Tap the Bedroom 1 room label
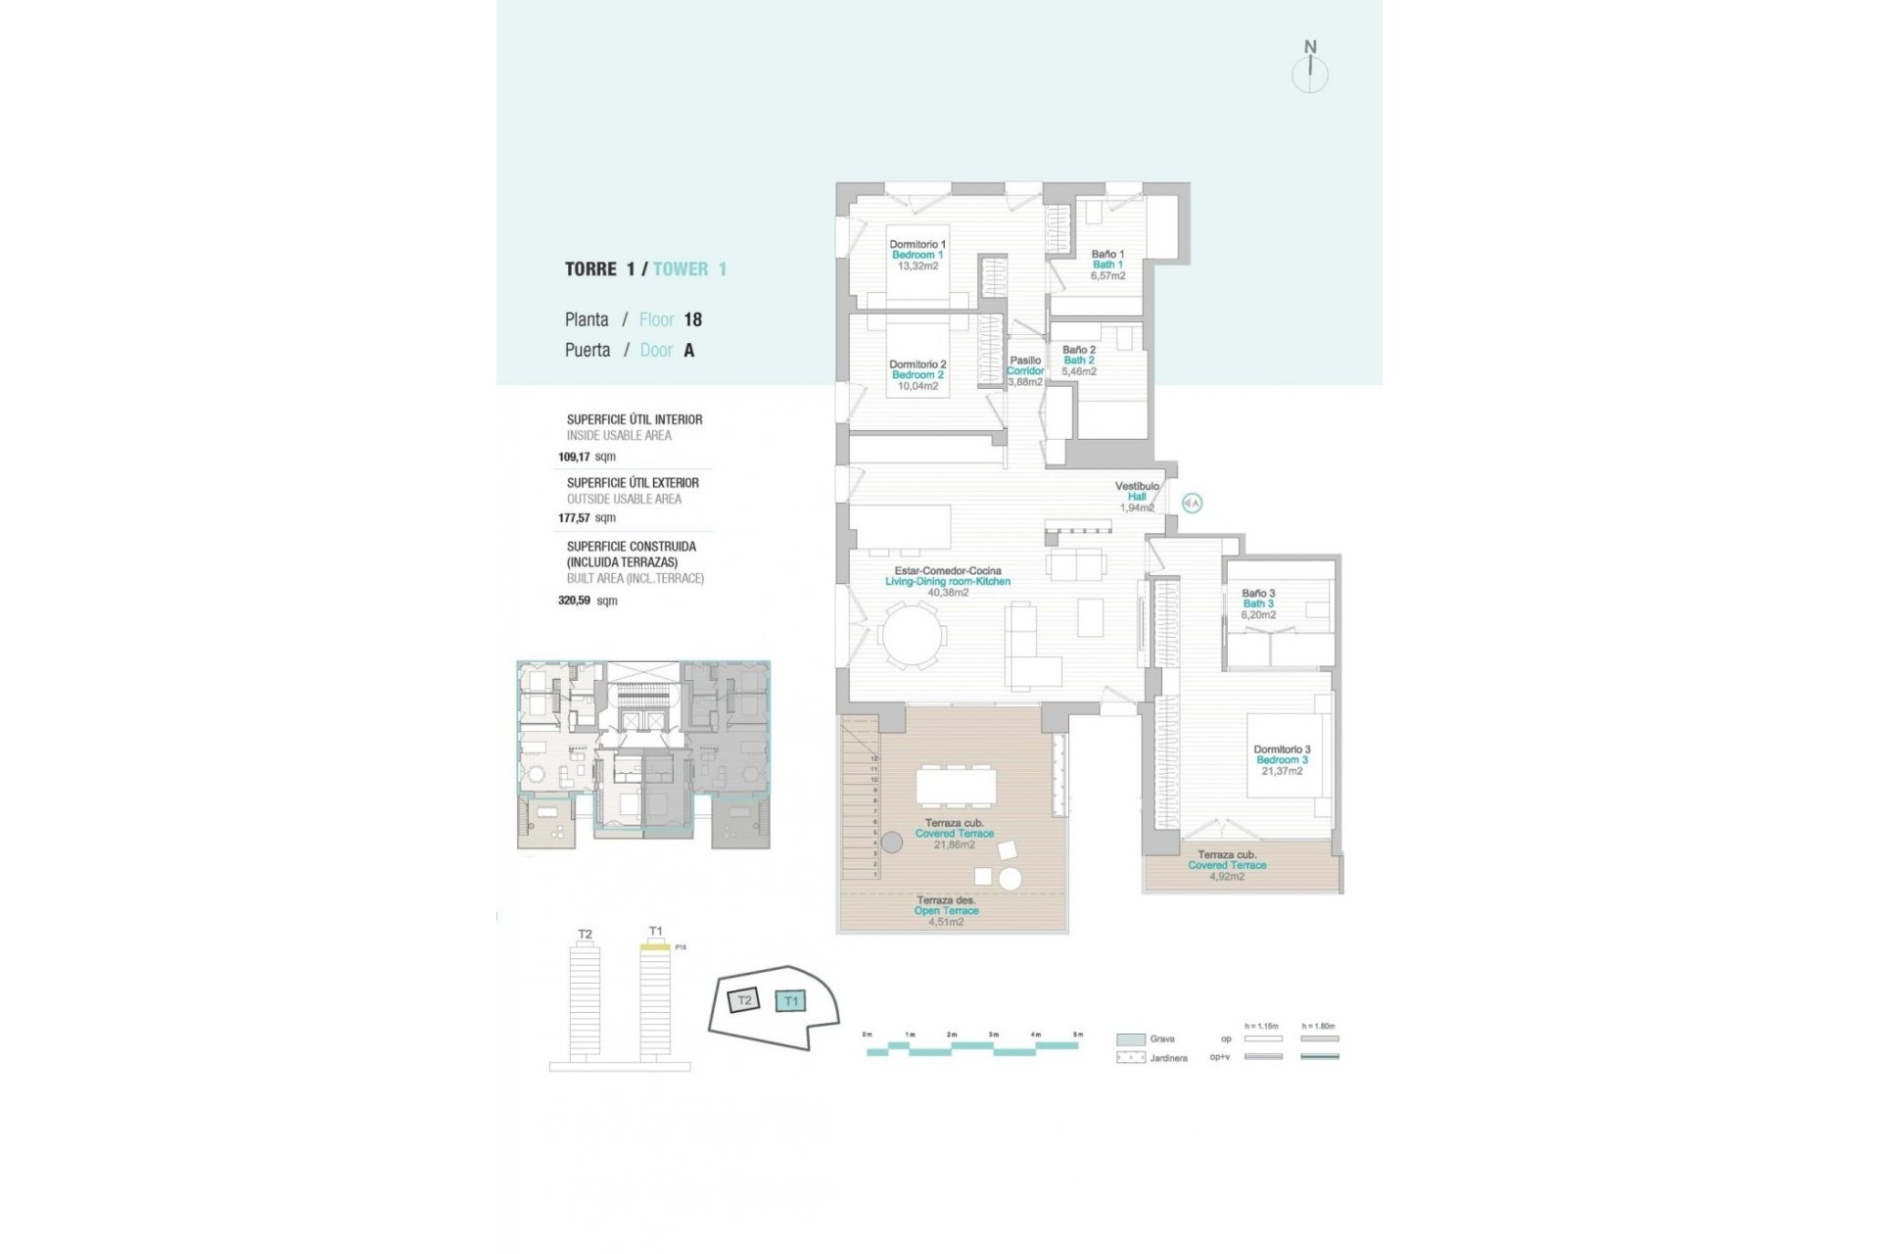click(x=916, y=255)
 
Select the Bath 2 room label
click(x=1078, y=361)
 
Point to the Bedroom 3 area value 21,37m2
click(x=1282, y=771)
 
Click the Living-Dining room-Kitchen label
click(x=947, y=581)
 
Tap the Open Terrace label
click(x=946, y=910)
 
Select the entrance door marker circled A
click(x=1192, y=503)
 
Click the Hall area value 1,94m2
click(x=1137, y=507)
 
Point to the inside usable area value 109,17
click(x=574, y=457)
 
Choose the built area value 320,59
click(x=574, y=601)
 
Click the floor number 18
click(x=692, y=319)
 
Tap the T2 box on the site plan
click(x=744, y=1000)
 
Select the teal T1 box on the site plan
click(x=790, y=1001)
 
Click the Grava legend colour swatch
click(x=1130, y=1038)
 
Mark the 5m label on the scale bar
click(x=1078, y=1035)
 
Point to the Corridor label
click(x=1025, y=371)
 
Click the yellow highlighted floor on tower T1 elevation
click(x=654, y=947)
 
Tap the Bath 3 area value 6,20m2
click(x=1258, y=615)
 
